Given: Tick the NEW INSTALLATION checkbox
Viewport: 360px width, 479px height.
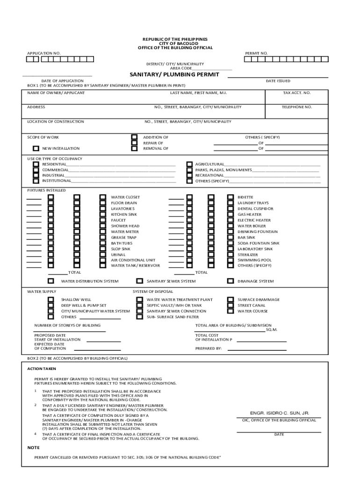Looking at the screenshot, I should [x=36, y=148].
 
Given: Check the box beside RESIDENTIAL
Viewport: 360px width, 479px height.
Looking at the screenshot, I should [x=36, y=164].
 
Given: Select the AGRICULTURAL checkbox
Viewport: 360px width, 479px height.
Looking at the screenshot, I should [x=189, y=164].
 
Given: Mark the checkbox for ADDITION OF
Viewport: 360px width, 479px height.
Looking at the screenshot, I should [x=134, y=138].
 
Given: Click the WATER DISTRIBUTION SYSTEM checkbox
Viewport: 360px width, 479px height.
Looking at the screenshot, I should [x=50, y=281].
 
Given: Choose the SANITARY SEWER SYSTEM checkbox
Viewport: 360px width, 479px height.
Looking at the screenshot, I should [x=139, y=281].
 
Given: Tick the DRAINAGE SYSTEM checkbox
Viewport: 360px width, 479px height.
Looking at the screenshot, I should [x=230, y=281].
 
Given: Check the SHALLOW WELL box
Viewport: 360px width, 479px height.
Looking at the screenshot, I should [x=50, y=299].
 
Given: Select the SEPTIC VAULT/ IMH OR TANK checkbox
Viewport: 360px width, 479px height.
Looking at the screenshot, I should [x=139, y=305].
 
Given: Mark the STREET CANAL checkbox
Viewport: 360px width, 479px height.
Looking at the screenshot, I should [x=230, y=305].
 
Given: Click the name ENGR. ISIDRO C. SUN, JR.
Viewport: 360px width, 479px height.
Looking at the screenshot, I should [x=280, y=413].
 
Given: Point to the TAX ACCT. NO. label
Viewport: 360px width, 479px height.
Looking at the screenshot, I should [x=296, y=93].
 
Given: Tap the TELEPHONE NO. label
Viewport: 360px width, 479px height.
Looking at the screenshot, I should [x=296, y=107].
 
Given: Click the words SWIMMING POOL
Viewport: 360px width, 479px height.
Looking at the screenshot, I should [x=254, y=260].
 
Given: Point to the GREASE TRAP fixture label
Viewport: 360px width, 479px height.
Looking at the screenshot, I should [x=123, y=238].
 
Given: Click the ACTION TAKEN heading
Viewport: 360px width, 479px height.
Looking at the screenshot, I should [x=42, y=369].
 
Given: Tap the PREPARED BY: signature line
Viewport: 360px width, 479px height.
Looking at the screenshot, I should [x=257, y=348].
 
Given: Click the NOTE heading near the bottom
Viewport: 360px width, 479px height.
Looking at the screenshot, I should [x=33, y=448].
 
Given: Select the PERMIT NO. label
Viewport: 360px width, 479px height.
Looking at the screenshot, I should [x=256, y=53].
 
